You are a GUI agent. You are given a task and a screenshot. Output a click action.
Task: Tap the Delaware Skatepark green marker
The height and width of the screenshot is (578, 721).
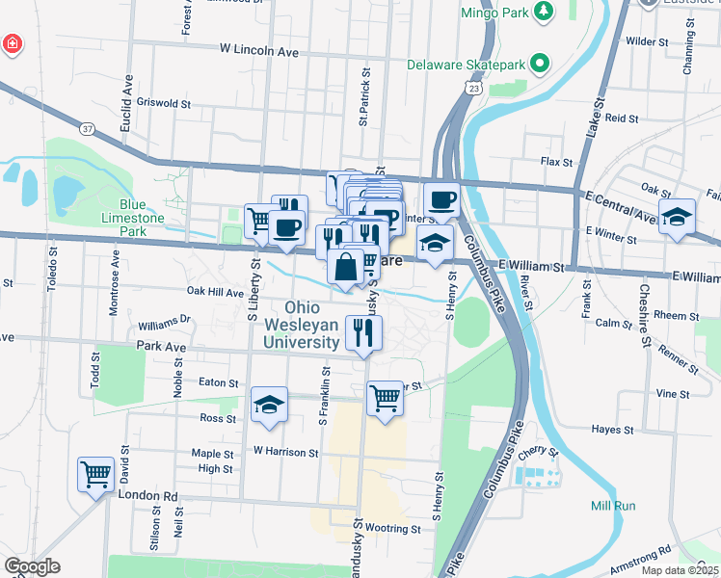click(x=541, y=66)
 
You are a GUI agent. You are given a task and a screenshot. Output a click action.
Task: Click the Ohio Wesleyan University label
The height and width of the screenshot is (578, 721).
click(x=303, y=325)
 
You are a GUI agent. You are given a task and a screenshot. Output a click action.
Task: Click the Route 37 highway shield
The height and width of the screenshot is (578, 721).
click(x=88, y=128)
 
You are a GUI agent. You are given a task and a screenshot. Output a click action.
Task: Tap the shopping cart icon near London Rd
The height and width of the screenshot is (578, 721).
click(x=96, y=473)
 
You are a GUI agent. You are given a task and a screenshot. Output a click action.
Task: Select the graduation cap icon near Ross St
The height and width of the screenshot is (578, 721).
click(x=270, y=405)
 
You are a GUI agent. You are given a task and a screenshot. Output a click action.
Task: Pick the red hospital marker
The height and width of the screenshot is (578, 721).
click(x=12, y=44)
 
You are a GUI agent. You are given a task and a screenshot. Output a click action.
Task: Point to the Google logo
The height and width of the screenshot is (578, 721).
click(x=32, y=566)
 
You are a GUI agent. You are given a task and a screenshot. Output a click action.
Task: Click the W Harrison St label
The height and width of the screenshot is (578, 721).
click(x=285, y=451)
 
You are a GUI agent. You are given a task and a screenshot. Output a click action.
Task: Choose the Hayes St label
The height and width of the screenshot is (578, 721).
click(x=613, y=430)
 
